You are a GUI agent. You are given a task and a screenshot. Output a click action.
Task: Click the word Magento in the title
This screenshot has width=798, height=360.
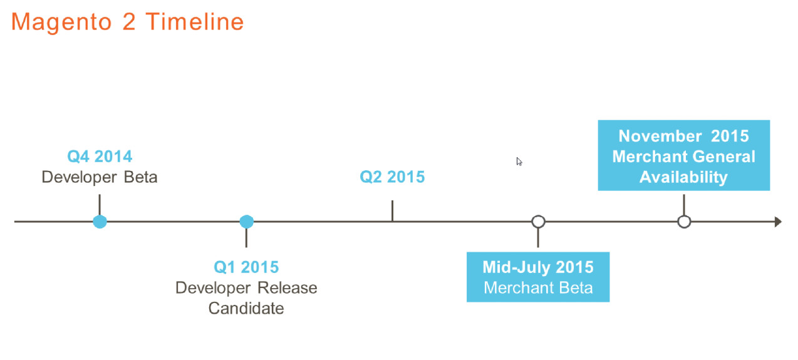[x=61, y=23]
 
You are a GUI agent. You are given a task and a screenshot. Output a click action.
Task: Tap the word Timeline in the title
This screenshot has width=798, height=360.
[x=195, y=21]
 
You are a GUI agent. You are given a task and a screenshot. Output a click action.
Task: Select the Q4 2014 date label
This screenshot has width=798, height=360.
[x=100, y=157]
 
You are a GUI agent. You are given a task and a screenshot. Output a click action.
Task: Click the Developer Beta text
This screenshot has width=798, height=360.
[x=100, y=177]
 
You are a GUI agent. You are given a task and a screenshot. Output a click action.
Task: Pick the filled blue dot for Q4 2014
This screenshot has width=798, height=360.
[x=100, y=222]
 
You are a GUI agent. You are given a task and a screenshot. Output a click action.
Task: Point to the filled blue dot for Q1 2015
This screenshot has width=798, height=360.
[x=247, y=222]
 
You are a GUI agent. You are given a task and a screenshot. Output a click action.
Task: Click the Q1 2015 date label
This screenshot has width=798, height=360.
[x=246, y=267]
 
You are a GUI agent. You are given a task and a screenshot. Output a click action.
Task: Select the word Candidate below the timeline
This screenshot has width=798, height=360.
[x=246, y=309]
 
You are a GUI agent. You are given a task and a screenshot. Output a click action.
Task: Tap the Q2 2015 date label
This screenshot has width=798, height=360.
[x=392, y=177]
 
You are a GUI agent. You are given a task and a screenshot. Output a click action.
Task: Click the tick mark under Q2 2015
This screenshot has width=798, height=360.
[x=392, y=211]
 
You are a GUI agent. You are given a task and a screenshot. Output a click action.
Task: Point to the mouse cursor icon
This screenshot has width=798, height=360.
[x=519, y=162]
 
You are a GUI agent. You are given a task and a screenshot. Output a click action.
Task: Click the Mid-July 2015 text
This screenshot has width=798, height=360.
[x=538, y=267]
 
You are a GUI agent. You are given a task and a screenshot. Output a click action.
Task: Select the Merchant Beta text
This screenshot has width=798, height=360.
[x=538, y=288]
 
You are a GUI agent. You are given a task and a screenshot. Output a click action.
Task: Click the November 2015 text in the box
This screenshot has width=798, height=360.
[x=683, y=136]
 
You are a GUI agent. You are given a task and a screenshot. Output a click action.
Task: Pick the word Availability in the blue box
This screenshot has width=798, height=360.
[x=683, y=177]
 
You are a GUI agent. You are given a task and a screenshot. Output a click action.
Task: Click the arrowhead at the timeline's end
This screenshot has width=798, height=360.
[x=778, y=222]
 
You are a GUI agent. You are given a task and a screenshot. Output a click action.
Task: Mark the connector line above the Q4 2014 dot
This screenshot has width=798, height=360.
[x=100, y=205]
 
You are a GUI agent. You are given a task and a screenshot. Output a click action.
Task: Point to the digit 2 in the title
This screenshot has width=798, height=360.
[x=129, y=21]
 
